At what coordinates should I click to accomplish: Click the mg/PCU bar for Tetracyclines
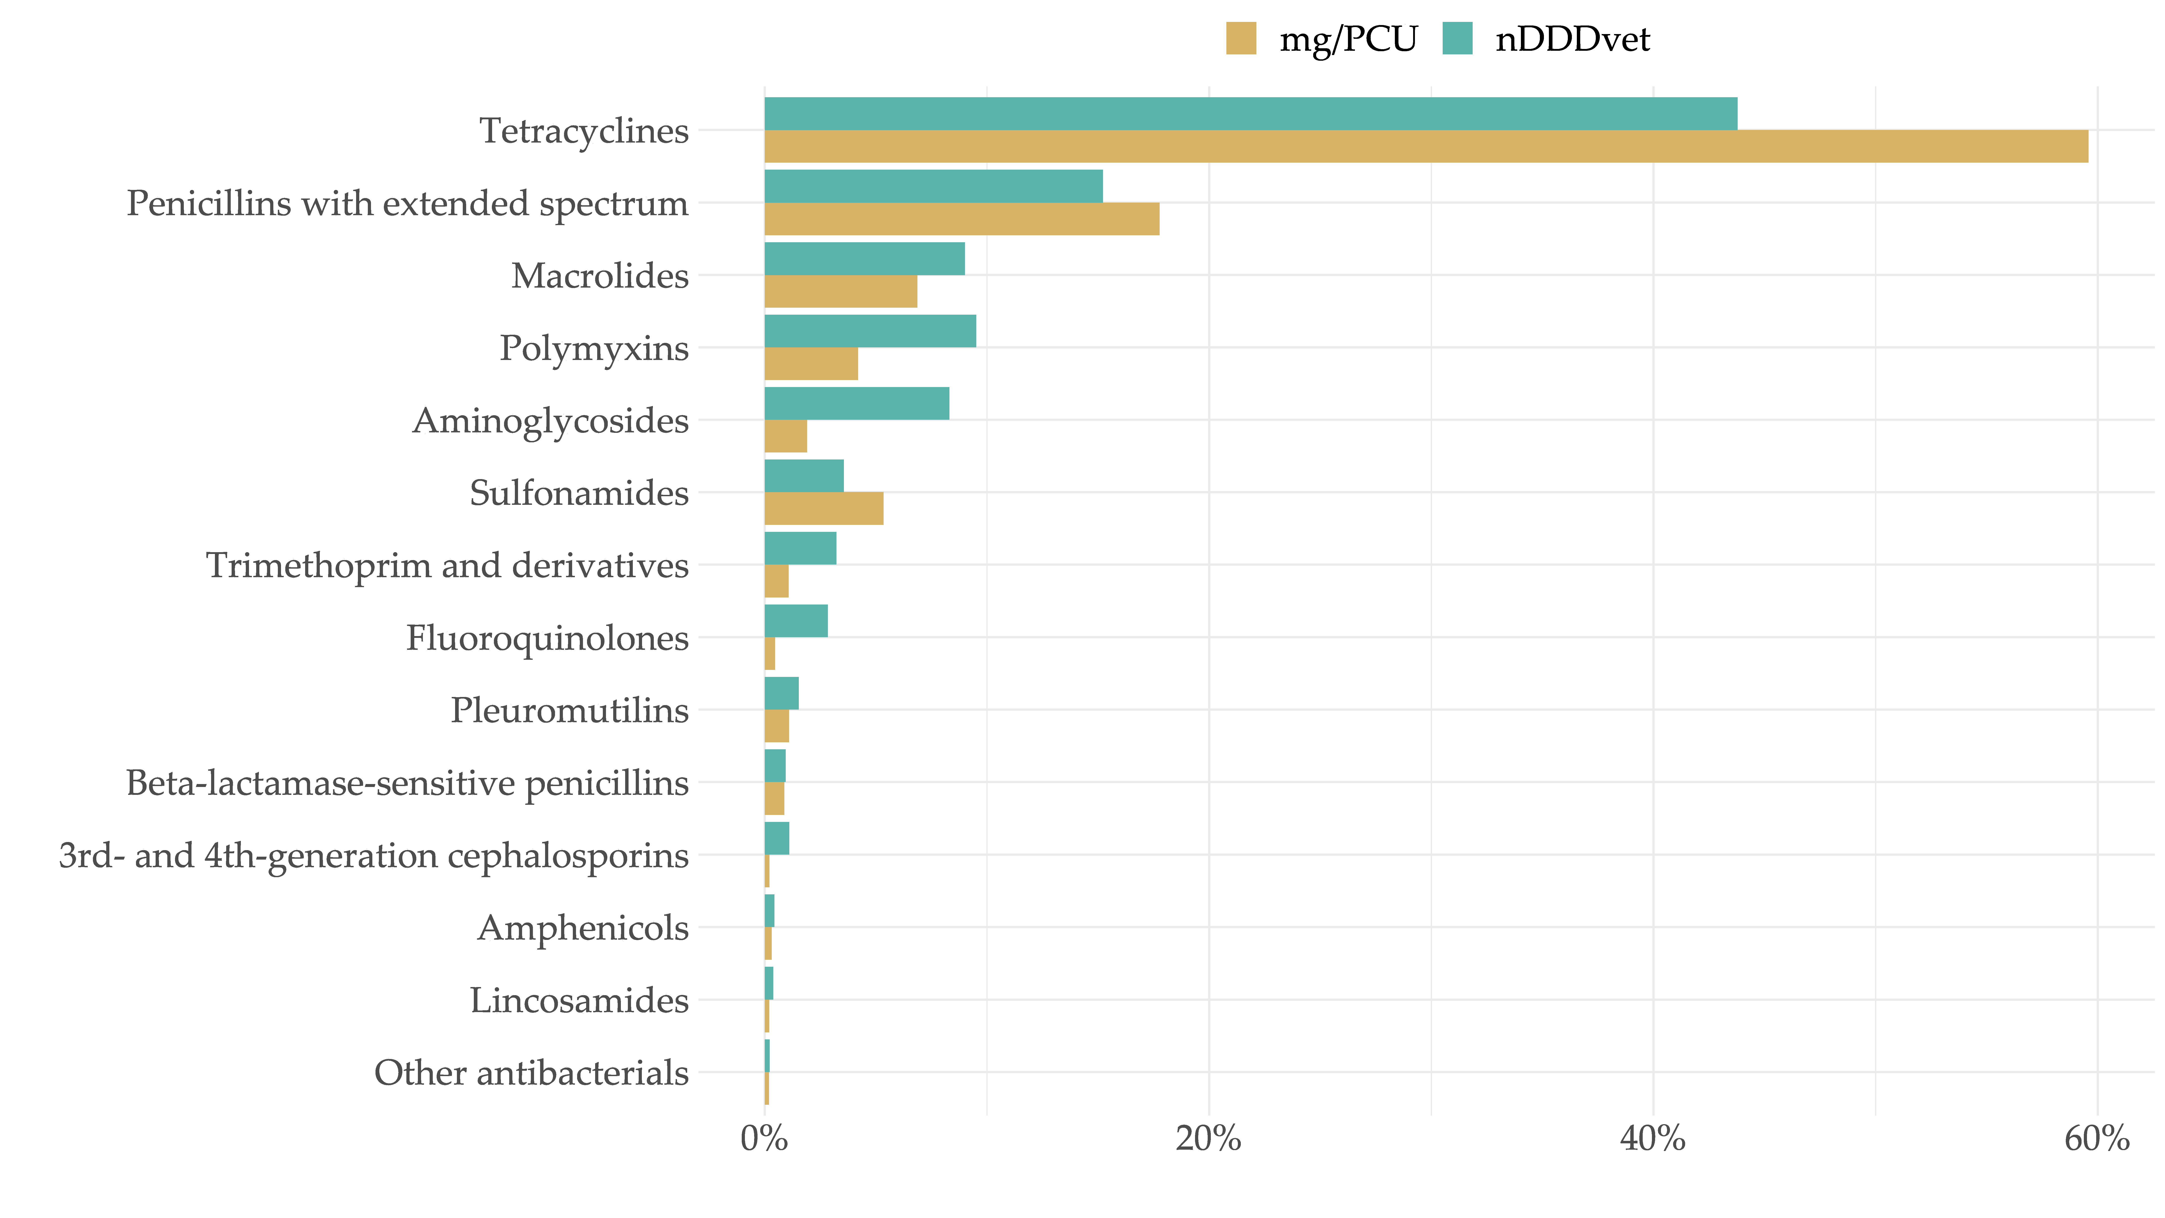click(1425, 146)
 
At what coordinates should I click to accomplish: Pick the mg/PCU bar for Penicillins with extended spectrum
click(961, 219)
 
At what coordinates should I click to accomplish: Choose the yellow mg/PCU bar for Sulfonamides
click(824, 509)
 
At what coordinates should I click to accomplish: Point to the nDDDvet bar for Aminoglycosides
click(857, 404)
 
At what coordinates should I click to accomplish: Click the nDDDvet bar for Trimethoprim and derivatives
click(800, 548)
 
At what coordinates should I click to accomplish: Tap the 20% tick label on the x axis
click(1209, 1139)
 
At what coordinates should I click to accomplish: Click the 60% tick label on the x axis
click(2096, 1139)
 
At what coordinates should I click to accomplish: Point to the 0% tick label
click(764, 1139)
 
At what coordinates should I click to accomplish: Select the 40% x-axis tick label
click(1652, 1139)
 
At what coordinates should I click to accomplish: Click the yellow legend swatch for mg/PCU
click(1241, 39)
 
